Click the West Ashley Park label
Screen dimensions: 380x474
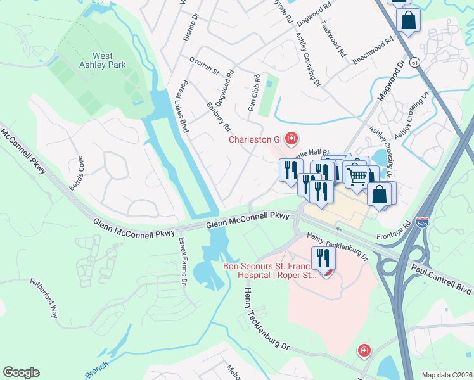coord(103,60)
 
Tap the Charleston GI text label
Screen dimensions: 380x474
coord(255,139)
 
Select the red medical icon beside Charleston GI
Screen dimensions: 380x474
coord(291,138)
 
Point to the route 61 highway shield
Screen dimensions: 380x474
coord(414,63)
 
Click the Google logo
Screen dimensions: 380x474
coord(21,372)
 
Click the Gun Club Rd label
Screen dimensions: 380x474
coord(254,94)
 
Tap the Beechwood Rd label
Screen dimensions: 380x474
coord(373,47)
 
